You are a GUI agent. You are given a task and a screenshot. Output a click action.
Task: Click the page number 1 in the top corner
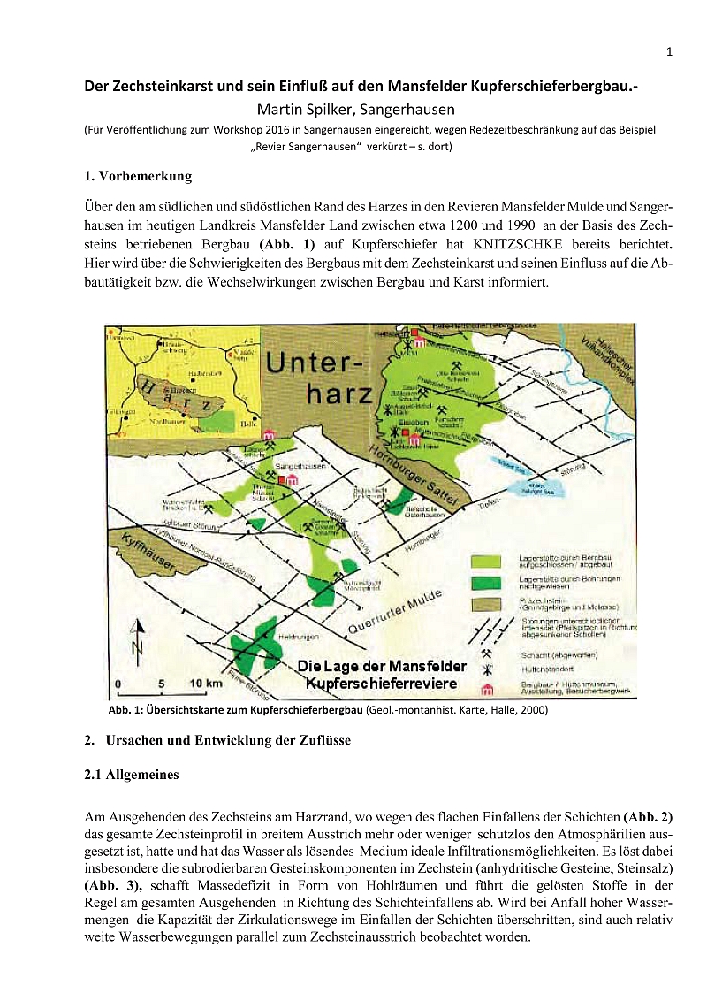coord(669,52)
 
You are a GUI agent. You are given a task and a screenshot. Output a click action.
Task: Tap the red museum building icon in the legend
coord(485,689)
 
